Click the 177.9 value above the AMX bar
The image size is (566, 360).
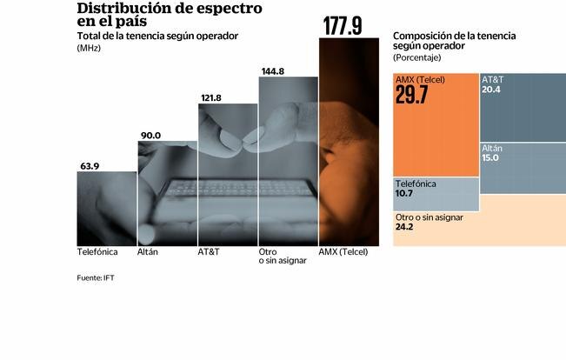coord(343,26)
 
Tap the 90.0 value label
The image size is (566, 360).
coord(151,134)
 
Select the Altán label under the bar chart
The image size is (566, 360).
coord(148,251)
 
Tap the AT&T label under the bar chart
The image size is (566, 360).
coord(208,251)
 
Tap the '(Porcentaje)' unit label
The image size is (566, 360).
coord(418,57)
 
